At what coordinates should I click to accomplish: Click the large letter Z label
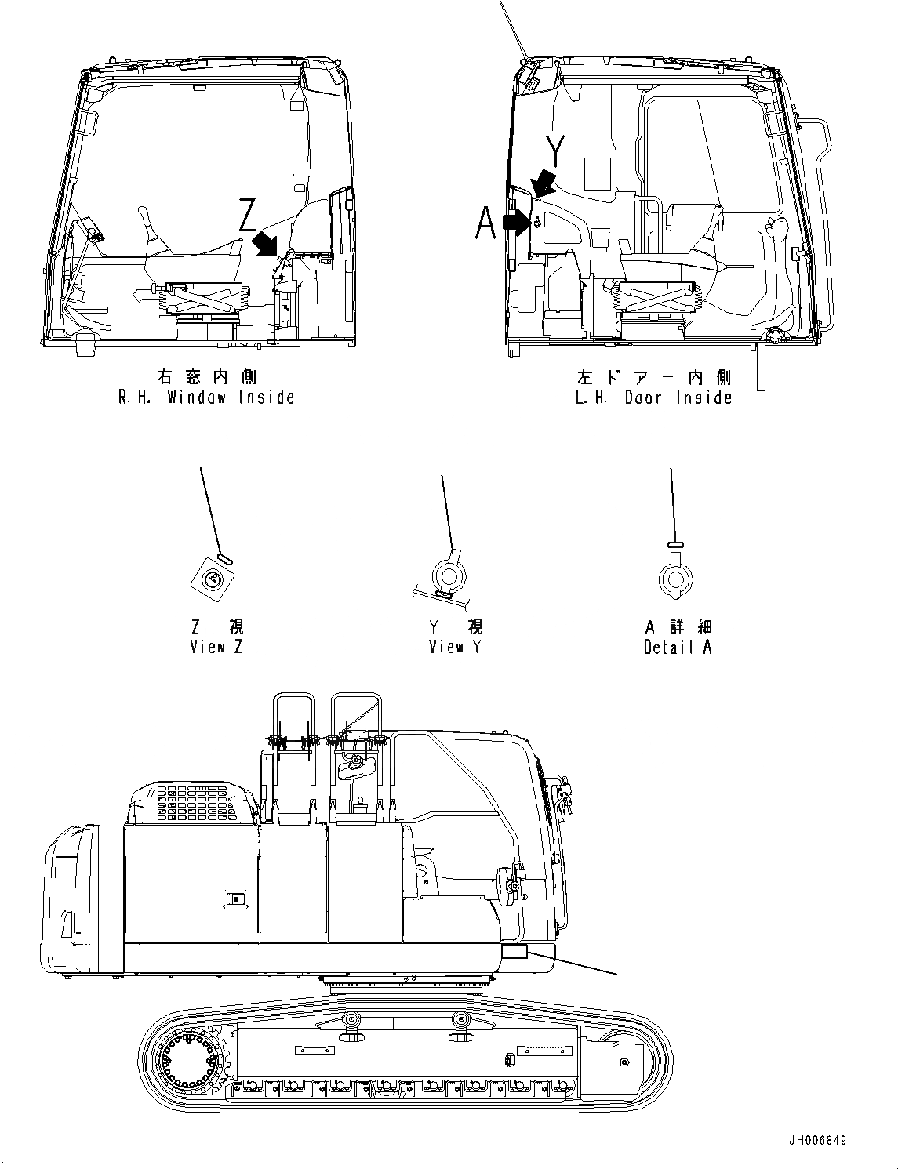[x=248, y=214]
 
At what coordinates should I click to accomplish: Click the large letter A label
[x=486, y=223]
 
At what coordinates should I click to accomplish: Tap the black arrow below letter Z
[x=266, y=243]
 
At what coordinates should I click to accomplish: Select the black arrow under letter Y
[x=544, y=184]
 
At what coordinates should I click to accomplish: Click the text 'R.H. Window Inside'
[x=206, y=397]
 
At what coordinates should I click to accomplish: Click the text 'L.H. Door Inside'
[x=653, y=397]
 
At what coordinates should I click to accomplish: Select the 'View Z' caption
[x=217, y=647]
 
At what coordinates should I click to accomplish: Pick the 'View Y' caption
[x=456, y=647]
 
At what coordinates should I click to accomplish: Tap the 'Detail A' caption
[x=678, y=647]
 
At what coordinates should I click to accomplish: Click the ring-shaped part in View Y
[x=449, y=577]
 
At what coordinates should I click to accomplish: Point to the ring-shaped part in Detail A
[x=674, y=579]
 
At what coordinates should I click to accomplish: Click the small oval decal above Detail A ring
[x=674, y=544]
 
